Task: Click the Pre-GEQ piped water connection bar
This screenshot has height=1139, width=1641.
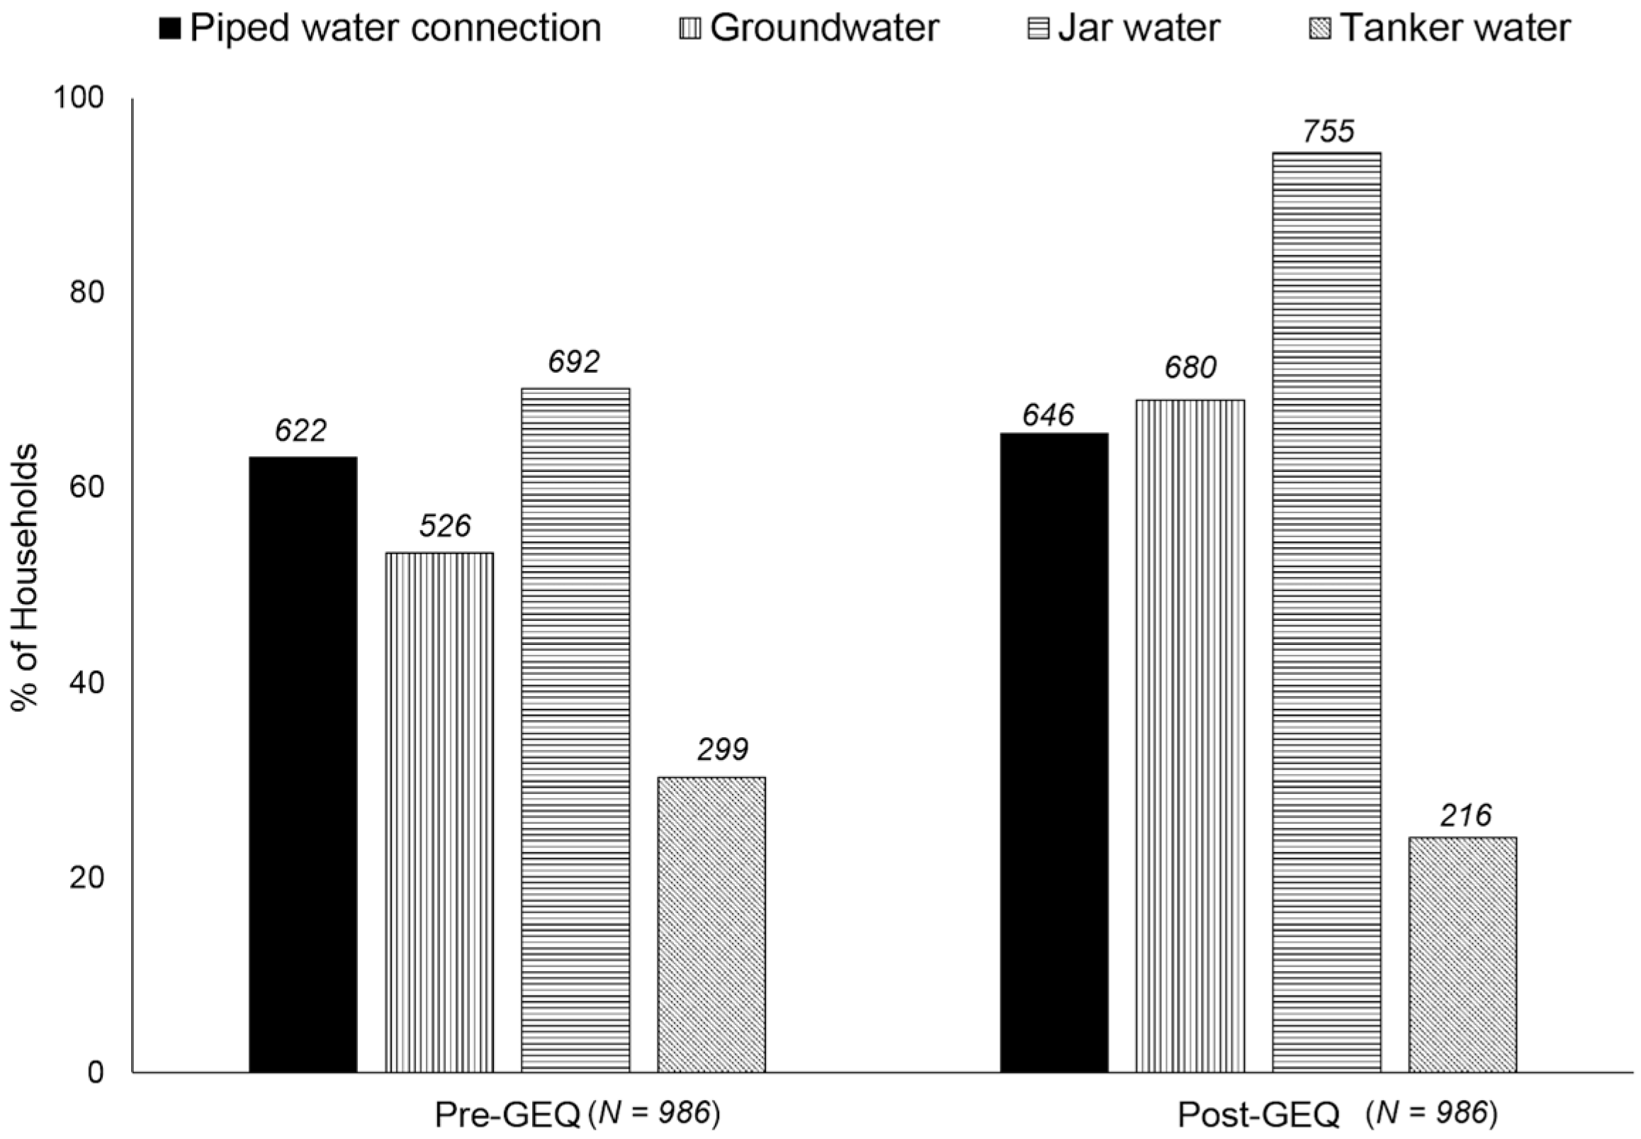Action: pyautogui.click(x=303, y=763)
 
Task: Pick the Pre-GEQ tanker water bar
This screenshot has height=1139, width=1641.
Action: pyautogui.click(x=711, y=924)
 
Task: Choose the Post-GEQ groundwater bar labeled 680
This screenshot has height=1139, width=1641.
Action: pyautogui.click(x=1190, y=735)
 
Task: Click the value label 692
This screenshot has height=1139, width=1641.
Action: pyautogui.click(x=574, y=363)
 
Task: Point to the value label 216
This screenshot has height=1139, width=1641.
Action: pyautogui.click(x=1465, y=816)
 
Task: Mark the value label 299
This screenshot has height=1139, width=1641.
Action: pyautogui.click(x=723, y=750)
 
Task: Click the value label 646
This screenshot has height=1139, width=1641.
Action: pyautogui.click(x=1047, y=415)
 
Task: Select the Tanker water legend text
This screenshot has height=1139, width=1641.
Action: pyautogui.click(x=1455, y=28)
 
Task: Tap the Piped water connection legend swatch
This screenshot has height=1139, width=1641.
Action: pyautogui.click(x=171, y=29)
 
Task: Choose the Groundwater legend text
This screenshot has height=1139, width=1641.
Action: pyautogui.click(x=824, y=28)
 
